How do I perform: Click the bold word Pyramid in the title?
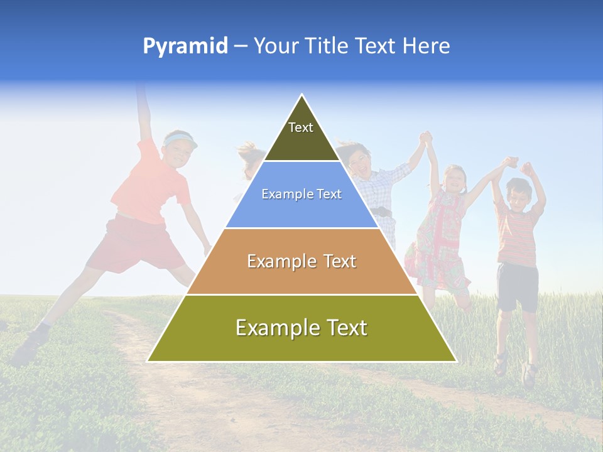185,46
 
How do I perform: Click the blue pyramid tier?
301,195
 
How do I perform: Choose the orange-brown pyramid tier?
301,261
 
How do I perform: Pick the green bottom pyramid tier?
301,328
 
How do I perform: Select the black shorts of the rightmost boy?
517,286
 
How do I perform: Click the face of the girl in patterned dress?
454,179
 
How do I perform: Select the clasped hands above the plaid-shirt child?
427,139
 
